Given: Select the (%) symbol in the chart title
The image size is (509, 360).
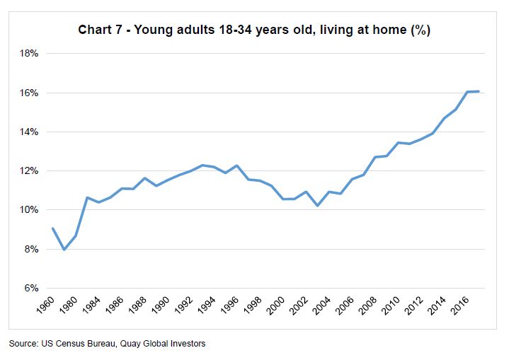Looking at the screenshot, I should click(x=421, y=31).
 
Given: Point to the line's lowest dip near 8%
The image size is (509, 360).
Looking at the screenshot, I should click(x=64, y=250).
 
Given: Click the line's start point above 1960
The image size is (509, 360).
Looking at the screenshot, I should click(x=53, y=228).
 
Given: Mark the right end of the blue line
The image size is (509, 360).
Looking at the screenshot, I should click(x=479, y=91).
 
